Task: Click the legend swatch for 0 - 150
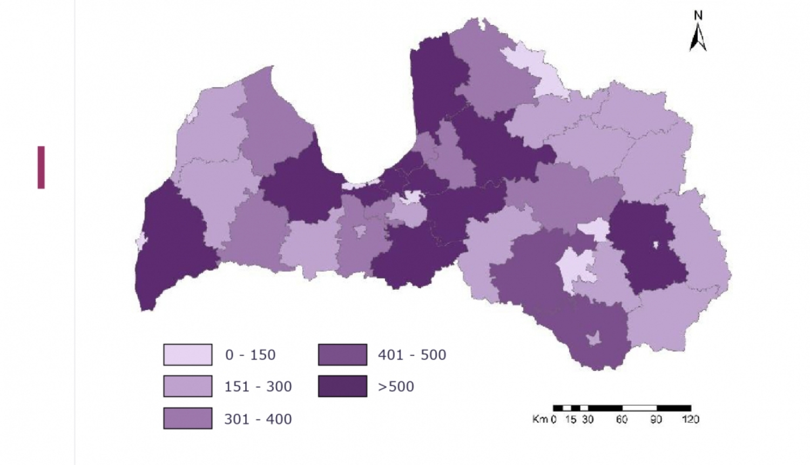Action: (x=187, y=355)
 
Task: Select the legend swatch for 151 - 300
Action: (x=187, y=387)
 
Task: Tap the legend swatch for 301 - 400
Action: (x=187, y=418)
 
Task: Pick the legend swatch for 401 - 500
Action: (x=342, y=355)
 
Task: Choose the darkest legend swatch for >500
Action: (x=342, y=387)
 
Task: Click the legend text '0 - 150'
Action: (x=250, y=355)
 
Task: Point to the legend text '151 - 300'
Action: (x=258, y=387)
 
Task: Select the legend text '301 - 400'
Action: (x=258, y=418)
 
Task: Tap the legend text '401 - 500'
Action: (x=412, y=355)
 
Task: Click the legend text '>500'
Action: (x=396, y=387)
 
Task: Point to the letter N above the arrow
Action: (x=698, y=16)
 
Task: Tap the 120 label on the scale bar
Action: (x=690, y=419)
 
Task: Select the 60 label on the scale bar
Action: (x=622, y=419)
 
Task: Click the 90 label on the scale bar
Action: (x=656, y=419)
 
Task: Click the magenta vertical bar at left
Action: (x=41, y=167)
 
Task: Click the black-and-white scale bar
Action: (x=622, y=408)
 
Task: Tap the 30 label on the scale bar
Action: (x=588, y=419)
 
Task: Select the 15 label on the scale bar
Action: (x=571, y=419)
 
